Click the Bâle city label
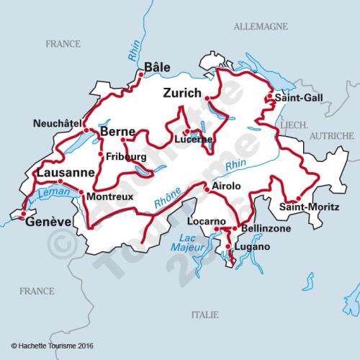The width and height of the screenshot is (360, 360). (157, 67)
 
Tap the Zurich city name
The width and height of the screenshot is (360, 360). (181, 93)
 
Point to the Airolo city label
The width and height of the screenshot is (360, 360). (226, 186)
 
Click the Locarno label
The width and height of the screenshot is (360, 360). (206, 220)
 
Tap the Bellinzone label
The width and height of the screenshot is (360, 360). (266, 228)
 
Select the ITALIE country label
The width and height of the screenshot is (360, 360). (204, 315)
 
